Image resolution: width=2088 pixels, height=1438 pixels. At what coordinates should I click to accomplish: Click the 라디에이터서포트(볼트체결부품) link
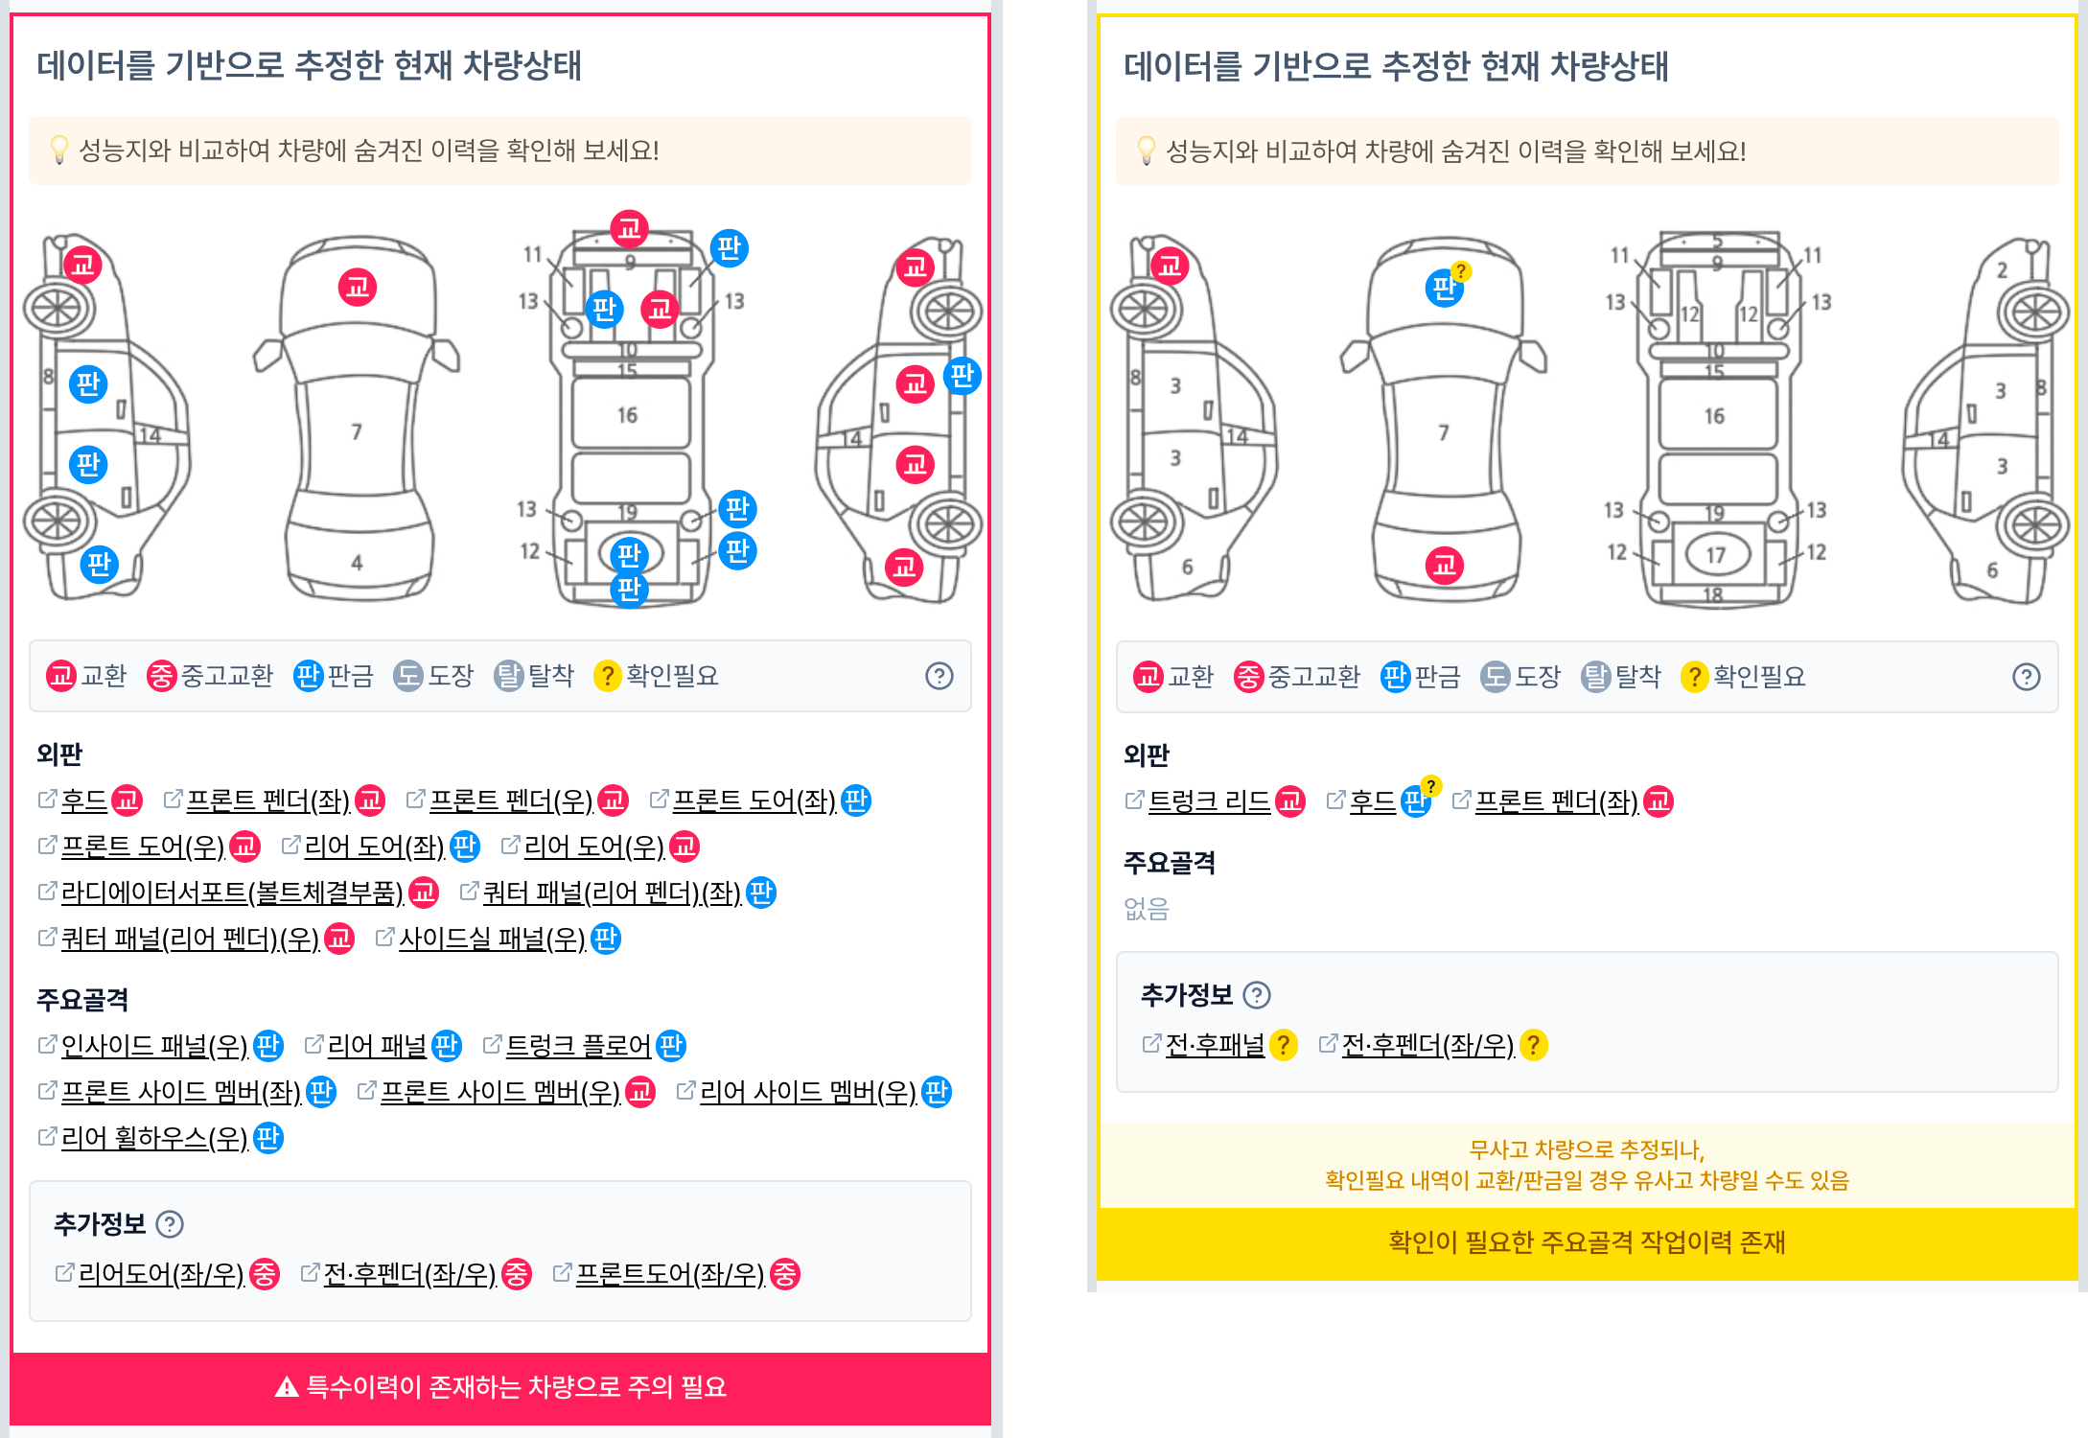point(232,893)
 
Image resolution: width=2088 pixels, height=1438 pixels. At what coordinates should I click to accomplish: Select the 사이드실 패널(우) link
point(492,939)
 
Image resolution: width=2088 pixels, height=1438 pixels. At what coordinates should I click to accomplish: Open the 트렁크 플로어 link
point(578,1046)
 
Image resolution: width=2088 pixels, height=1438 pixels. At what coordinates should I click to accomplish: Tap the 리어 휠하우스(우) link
point(154,1138)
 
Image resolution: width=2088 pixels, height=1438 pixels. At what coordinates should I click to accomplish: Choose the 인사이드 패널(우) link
point(154,1046)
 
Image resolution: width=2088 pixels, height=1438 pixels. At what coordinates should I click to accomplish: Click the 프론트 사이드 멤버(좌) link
point(181,1092)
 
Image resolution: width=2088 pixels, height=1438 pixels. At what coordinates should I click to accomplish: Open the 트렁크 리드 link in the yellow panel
point(1209,801)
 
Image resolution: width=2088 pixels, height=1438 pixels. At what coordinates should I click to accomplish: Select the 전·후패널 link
point(1215,1045)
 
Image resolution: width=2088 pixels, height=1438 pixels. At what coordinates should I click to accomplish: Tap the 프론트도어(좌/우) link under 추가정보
point(670,1274)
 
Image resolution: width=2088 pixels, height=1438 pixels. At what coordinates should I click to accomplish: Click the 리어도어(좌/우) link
point(161,1274)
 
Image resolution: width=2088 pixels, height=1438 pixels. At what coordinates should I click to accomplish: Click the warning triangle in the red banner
point(287,1387)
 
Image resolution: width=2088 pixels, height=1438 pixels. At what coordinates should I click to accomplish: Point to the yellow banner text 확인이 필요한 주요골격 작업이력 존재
point(1587,1242)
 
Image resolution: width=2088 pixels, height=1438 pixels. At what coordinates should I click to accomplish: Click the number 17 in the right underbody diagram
point(1715,555)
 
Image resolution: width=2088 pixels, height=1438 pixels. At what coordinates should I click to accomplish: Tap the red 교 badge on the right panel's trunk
point(1445,566)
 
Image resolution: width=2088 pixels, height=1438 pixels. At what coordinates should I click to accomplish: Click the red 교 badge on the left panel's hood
point(358,287)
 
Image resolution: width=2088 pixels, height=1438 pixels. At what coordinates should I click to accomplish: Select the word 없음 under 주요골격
point(1147,909)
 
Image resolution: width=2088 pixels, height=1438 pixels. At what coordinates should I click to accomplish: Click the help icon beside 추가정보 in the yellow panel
point(1257,995)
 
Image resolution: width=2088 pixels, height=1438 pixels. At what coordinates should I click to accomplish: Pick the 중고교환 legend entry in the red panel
point(210,676)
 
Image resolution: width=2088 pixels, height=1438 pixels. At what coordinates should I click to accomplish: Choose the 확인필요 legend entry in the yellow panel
point(1743,677)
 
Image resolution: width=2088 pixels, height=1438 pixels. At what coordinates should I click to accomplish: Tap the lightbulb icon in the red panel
point(59,150)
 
